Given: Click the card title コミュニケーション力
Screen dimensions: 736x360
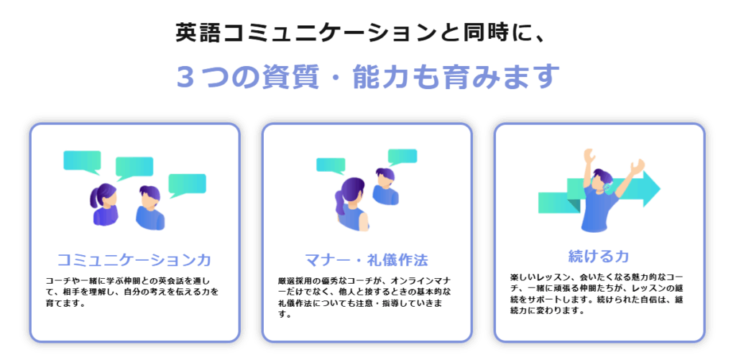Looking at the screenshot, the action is tap(134, 259).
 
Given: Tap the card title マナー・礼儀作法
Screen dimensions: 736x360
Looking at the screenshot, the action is tap(366, 259).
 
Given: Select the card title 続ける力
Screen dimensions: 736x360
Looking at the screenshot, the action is tap(599, 257).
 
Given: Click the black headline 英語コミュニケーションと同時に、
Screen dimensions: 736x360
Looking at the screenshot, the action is tap(361, 34).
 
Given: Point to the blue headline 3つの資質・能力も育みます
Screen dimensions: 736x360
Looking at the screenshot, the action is tap(368, 76).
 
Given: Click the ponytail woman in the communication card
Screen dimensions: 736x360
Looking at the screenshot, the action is tap(104, 204).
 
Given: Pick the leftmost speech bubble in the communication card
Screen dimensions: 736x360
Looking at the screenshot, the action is tap(82, 162).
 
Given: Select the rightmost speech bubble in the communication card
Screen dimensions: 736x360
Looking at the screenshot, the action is tap(187, 185).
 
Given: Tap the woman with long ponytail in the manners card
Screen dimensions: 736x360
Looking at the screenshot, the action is tap(351, 204).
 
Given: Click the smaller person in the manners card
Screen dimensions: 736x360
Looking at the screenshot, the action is tap(385, 186).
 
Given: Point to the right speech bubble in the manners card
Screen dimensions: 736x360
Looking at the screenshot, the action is tap(402, 157).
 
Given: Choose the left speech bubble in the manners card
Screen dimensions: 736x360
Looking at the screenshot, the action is tap(331, 165).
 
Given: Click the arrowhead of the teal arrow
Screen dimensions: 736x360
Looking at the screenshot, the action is tap(650, 189).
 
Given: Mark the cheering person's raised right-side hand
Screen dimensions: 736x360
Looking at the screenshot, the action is tap(638, 167).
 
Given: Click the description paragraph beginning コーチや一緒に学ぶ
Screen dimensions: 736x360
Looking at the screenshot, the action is tap(132, 292).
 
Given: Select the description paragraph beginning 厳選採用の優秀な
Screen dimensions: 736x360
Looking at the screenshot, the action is tap(364, 297).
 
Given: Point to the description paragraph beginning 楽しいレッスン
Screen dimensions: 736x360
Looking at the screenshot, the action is tap(597, 294).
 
